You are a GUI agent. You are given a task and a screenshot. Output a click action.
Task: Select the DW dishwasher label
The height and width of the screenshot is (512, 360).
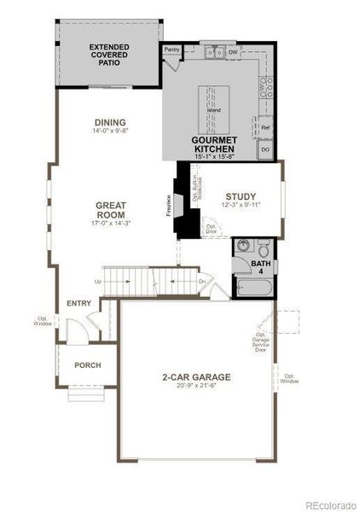(x=232, y=52)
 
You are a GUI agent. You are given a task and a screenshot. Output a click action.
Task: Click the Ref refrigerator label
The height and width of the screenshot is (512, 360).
(x=265, y=127)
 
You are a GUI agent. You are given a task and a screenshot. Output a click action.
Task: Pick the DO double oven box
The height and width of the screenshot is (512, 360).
(x=265, y=150)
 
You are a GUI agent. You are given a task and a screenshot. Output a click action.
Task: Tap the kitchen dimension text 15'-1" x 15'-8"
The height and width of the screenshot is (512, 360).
(x=213, y=157)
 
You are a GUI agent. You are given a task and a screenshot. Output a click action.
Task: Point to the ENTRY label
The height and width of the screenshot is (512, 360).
(x=78, y=303)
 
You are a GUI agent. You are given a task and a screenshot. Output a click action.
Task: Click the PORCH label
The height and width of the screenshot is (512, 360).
(x=87, y=365)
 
